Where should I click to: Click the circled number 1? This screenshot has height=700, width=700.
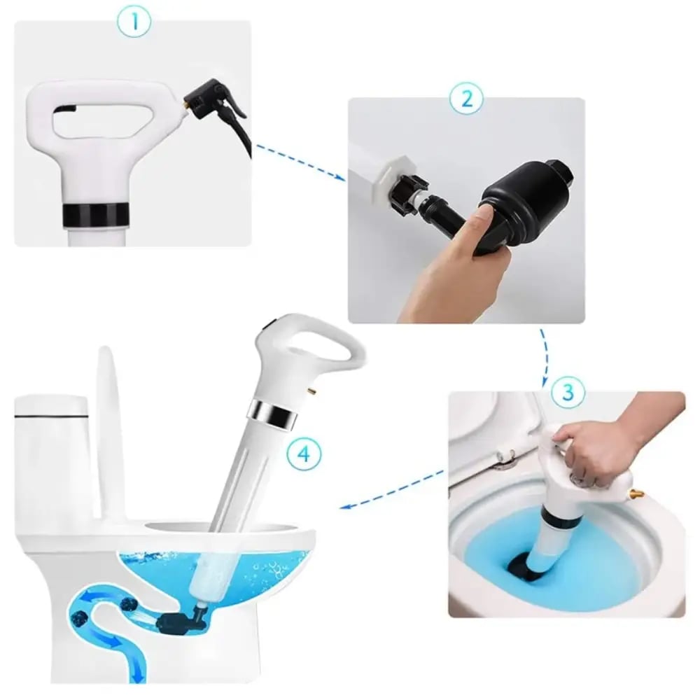134,21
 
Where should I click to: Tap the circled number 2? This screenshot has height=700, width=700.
466,99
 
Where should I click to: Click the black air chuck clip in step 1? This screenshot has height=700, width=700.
214,100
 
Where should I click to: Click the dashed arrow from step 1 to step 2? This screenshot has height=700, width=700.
300,162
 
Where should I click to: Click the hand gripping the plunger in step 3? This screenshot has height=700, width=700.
601,451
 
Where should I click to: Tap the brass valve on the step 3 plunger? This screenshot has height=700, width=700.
636,493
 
